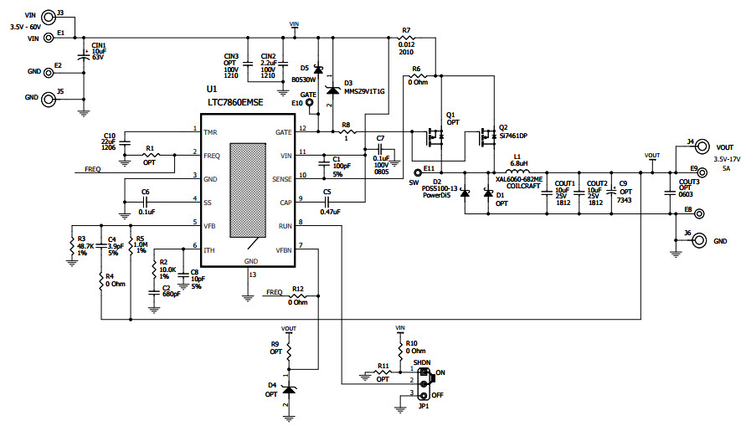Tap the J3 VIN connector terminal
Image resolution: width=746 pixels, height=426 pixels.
[x=49, y=15]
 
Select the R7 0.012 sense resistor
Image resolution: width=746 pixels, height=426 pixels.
[x=406, y=38]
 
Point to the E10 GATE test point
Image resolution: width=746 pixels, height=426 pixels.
[x=309, y=104]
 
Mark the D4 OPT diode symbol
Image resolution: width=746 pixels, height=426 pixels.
[x=289, y=390]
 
